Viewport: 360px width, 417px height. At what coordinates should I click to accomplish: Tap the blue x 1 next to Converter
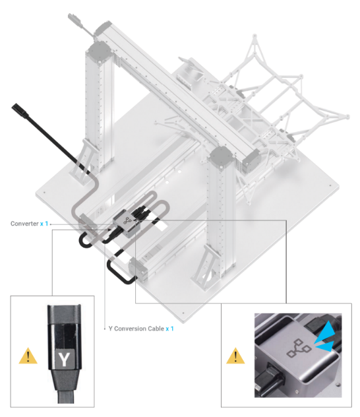[44, 224]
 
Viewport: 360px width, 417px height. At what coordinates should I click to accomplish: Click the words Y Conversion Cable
[135, 329]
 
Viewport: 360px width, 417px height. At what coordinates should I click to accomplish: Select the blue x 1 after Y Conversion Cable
[169, 329]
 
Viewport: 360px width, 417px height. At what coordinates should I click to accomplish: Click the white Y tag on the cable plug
[63, 360]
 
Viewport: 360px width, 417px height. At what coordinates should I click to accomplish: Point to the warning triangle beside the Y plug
[28, 357]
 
